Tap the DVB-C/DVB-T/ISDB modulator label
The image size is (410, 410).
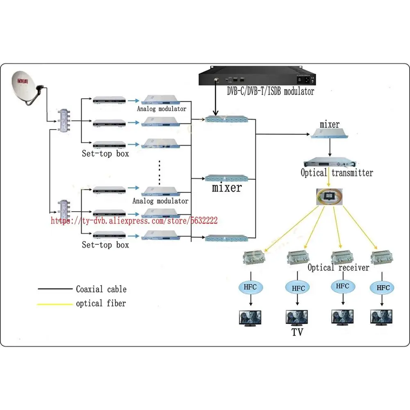(x=271, y=91)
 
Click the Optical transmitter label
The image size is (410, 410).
(x=337, y=173)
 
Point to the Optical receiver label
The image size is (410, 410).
(x=339, y=267)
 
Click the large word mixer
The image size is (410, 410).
(x=227, y=188)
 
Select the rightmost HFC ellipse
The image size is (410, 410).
(x=383, y=288)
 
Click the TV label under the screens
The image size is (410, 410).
(x=298, y=332)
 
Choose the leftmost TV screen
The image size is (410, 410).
(x=250, y=318)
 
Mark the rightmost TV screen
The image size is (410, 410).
(x=381, y=318)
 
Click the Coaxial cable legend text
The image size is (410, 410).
(x=101, y=289)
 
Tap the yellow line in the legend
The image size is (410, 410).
(x=54, y=304)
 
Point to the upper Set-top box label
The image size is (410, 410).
(x=105, y=154)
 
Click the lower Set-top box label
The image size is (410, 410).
(x=105, y=245)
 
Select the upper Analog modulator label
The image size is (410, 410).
(x=162, y=109)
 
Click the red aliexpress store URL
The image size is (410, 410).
(x=134, y=221)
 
